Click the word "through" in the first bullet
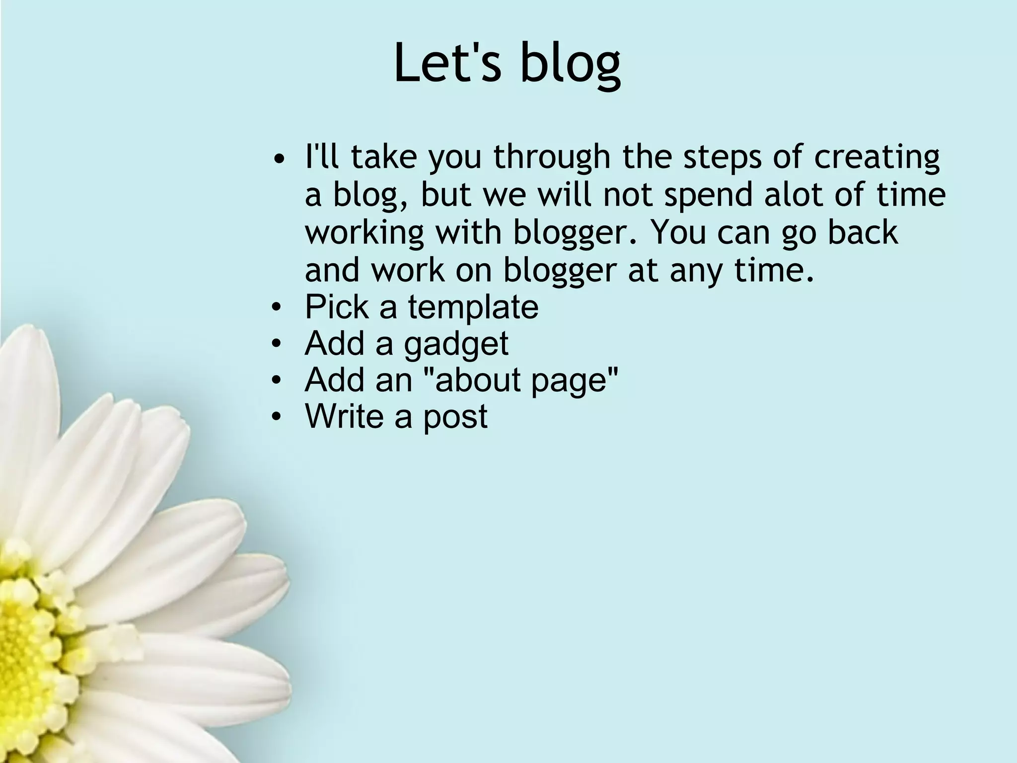pyautogui.click(x=551, y=157)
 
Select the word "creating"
pyautogui.click(x=876, y=157)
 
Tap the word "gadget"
pyautogui.click(x=456, y=344)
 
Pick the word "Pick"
pyautogui.click(x=337, y=306)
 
